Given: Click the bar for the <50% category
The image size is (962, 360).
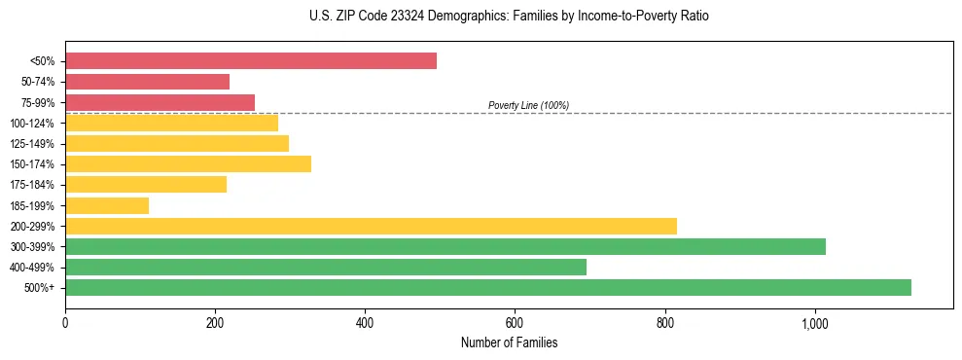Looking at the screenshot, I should point(251,61).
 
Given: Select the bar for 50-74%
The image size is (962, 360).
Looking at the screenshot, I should point(147,82).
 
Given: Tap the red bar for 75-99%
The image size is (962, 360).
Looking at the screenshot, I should point(160,102).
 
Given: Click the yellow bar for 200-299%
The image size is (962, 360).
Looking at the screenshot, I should point(371,226).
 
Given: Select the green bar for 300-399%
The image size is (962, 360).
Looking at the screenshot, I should point(445,246).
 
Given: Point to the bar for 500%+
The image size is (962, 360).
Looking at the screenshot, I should point(488,287).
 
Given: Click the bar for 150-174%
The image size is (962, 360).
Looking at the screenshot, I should point(188,163).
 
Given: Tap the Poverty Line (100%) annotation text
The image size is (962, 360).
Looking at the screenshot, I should point(528,105).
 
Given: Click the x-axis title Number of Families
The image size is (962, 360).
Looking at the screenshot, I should point(509,342).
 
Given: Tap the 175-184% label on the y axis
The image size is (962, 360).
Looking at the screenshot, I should point(32,185).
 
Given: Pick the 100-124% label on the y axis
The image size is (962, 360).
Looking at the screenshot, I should point(32,124).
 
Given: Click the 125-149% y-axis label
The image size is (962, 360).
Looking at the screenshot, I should point(32,144).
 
